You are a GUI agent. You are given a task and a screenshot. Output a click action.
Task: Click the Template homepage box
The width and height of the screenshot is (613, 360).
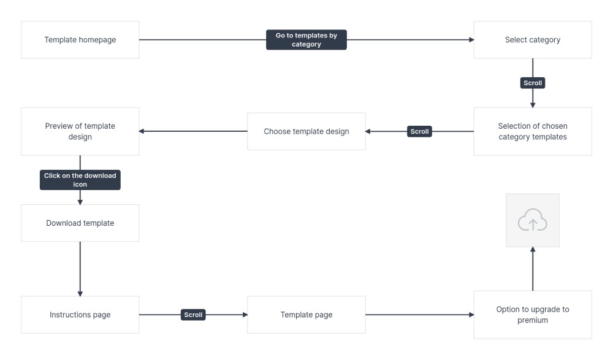click(x=80, y=40)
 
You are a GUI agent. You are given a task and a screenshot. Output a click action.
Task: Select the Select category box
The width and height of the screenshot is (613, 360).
click(x=533, y=40)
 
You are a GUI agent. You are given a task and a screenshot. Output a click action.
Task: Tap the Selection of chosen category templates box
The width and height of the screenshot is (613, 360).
click(x=533, y=131)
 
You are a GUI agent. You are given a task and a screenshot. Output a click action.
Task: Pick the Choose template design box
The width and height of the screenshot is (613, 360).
click(x=306, y=131)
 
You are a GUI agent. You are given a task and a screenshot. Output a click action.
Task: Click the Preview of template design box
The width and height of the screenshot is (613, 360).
click(x=80, y=131)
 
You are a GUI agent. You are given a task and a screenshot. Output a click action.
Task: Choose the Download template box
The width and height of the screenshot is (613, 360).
click(x=80, y=223)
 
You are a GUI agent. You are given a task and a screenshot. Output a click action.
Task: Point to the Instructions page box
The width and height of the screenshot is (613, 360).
click(x=80, y=315)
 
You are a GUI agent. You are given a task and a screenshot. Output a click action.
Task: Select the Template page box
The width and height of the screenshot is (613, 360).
click(x=306, y=315)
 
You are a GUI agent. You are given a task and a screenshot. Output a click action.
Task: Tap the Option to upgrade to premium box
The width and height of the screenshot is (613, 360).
click(x=533, y=315)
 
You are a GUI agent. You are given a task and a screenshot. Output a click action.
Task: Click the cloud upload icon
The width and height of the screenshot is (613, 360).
click(x=533, y=220)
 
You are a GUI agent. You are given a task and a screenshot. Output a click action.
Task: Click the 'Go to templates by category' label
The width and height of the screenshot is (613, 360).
click(x=306, y=40)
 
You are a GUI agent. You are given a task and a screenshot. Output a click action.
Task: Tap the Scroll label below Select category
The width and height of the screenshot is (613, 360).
click(x=533, y=83)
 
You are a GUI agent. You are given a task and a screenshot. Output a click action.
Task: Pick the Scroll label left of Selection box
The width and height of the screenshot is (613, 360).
click(x=419, y=131)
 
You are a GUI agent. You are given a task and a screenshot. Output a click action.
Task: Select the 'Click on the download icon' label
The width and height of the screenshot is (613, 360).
click(x=80, y=180)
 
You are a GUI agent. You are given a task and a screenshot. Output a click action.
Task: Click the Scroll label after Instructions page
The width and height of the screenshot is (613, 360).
click(x=193, y=315)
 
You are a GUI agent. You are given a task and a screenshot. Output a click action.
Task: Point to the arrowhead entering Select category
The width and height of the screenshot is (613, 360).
click(x=471, y=40)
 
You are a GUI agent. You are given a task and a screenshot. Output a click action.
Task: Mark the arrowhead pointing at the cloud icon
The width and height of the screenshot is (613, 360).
click(x=533, y=250)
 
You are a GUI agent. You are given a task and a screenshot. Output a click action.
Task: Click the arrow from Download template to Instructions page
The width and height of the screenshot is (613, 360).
click(x=80, y=269)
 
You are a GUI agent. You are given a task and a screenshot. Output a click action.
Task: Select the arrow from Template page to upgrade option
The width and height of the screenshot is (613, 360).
click(x=419, y=315)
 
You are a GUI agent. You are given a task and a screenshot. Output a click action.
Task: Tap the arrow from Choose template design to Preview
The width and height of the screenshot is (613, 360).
click(x=193, y=131)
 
